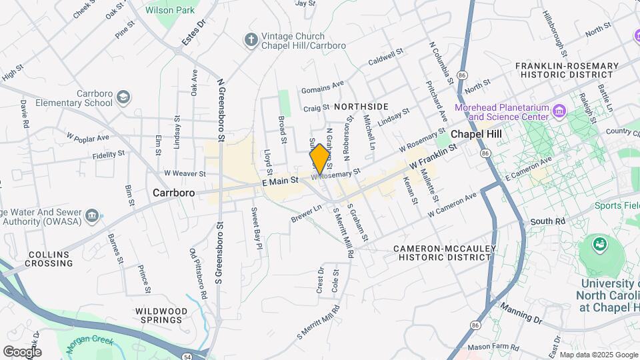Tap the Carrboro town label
pos(173,193)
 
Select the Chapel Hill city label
pos(476,133)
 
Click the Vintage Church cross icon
pos(251,41)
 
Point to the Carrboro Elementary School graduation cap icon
pos(123,98)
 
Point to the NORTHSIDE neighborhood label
pos(361,107)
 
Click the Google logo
pos(22,351)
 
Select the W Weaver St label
pos(183,173)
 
